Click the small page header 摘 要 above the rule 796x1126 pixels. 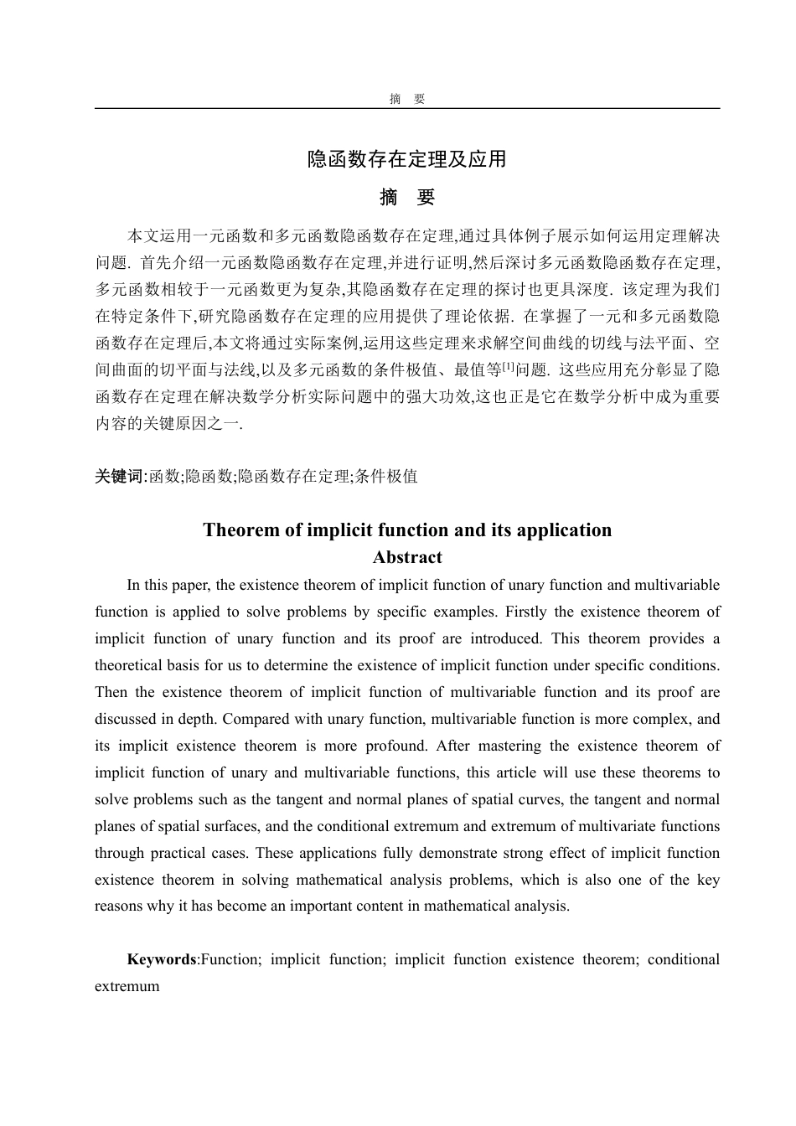[407, 99]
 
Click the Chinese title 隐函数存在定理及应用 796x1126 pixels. [407, 158]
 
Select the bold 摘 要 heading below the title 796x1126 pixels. [407, 198]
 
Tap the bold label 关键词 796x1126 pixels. [120, 477]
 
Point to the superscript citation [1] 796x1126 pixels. [509, 365]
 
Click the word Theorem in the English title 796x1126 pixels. [241, 530]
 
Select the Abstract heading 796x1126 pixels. [407, 558]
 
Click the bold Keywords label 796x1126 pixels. [162, 959]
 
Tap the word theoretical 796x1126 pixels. [131, 665]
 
